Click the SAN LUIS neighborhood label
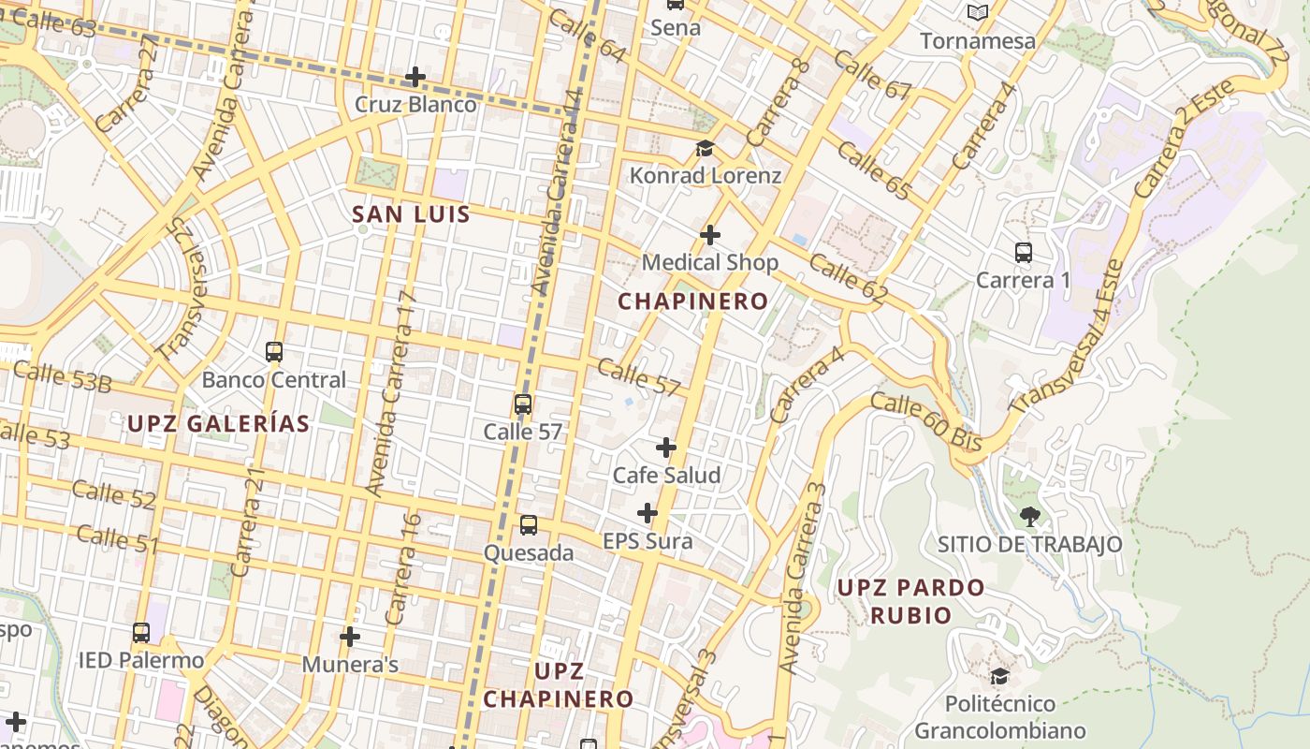pos(411,214)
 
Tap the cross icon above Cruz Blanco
pos(415,77)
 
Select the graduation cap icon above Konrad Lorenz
pos(705,149)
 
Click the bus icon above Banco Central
pos(274,352)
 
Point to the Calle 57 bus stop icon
pos(523,404)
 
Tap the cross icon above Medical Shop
pos(710,235)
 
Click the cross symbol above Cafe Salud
pos(666,448)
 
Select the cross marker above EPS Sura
pos(648,513)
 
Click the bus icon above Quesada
pos(529,525)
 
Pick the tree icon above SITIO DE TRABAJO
pos(1029,516)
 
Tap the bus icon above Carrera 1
pos(1024,252)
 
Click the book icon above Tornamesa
pos(978,13)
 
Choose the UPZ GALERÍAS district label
pos(218,424)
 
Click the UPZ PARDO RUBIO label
pos(910,601)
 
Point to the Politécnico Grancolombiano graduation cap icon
pos(999,676)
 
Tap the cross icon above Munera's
pos(350,637)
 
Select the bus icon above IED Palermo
pos(141,632)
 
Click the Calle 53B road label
pos(63,376)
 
